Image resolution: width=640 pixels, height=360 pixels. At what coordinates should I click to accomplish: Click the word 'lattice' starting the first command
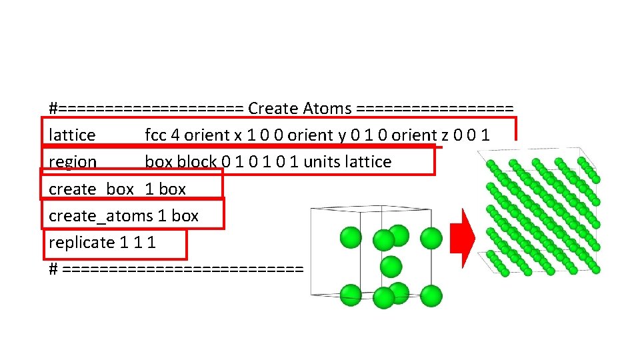[72, 135]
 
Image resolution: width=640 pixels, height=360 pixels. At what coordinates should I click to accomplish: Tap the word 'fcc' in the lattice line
[156, 135]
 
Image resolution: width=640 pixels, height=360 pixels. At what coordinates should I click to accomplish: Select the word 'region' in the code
[73, 162]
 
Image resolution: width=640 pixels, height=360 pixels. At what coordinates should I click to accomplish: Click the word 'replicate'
[81, 243]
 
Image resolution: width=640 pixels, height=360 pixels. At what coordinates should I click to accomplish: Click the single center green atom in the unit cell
[391, 267]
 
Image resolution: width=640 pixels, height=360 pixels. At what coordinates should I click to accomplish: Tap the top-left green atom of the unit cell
[351, 237]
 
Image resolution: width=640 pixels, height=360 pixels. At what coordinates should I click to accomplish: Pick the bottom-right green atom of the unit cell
[431, 295]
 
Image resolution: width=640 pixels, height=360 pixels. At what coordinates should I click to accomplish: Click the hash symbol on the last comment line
[53, 269]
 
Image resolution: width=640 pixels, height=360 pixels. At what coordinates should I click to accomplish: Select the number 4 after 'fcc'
[175, 135]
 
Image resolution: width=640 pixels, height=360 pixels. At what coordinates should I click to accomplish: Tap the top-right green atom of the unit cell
[431, 237]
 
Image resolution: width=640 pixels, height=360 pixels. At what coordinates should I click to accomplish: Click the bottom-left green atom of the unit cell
[351, 294]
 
